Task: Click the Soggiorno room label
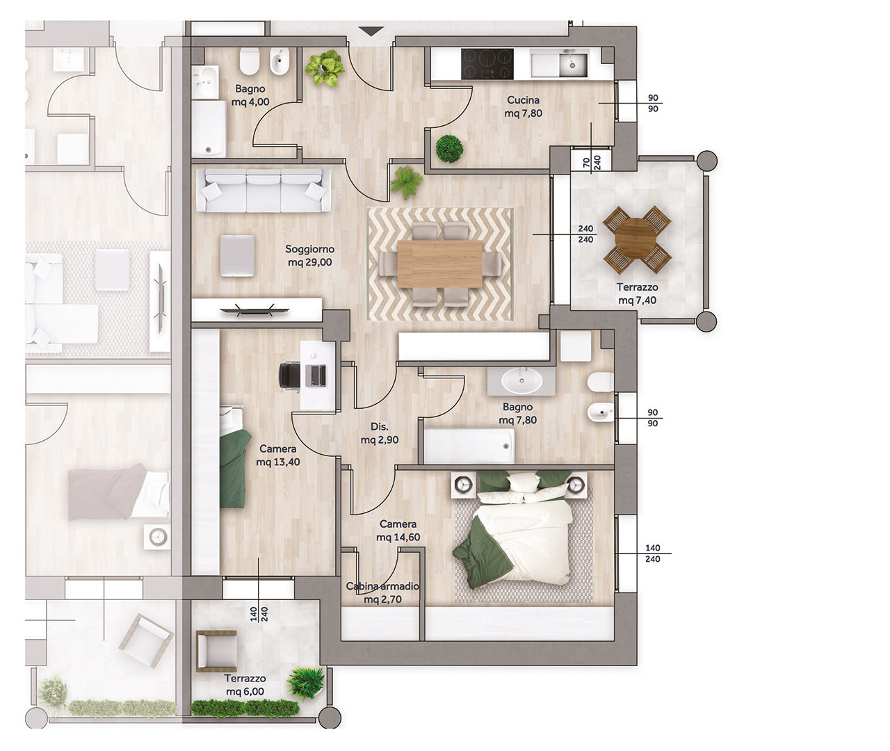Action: [x=309, y=249]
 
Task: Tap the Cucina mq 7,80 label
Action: [x=523, y=106]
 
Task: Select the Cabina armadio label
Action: [x=382, y=586]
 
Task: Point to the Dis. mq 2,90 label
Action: [x=380, y=433]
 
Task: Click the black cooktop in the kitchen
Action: [x=487, y=64]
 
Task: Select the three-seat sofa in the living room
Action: [x=264, y=190]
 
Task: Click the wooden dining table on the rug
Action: [x=440, y=264]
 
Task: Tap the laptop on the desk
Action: [x=315, y=375]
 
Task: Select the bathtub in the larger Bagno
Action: [x=469, y=446]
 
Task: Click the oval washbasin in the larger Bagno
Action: [x=521, y=380]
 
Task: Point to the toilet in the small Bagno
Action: [x=250, y=61]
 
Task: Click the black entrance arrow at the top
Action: [x=372, y=31]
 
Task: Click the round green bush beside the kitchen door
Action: [x=449, y=148]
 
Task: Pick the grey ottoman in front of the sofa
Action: [x=238, y=256]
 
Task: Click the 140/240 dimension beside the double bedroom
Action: [x=653, y=554]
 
